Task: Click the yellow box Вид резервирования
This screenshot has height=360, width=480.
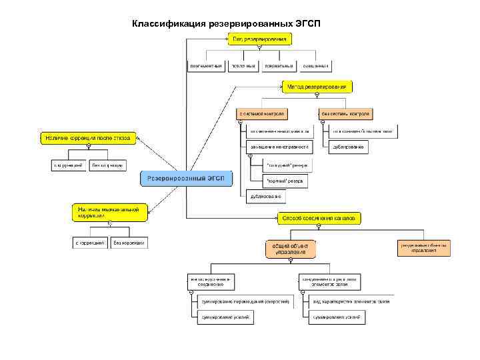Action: (259, 39)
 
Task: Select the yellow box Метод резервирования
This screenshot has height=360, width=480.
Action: (317, 87)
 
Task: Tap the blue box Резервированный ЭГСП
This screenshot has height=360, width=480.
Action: (187, 178)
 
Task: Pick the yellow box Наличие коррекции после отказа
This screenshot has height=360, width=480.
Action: (88, 138)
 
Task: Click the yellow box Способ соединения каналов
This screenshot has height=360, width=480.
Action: (319, 218)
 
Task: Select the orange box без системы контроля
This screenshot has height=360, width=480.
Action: (346, 114)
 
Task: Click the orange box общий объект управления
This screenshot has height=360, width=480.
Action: (290, 249)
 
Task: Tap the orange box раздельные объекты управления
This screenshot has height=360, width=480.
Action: (424, 248)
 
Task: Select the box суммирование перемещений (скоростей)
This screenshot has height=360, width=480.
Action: (245, 302)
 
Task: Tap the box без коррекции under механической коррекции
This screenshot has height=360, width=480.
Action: (129, 243)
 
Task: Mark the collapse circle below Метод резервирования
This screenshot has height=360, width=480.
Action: (317, 95)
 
